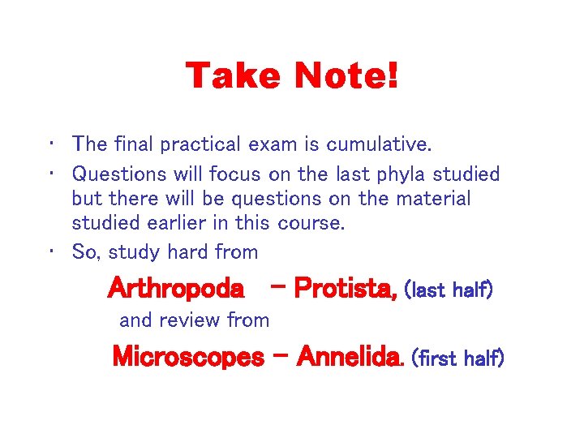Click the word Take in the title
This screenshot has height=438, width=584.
(232, 77)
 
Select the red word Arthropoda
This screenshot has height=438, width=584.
(175, 288)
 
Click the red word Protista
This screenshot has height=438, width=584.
(345, 288)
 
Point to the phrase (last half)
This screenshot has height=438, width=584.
(448, 290)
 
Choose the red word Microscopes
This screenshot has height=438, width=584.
(188, 356)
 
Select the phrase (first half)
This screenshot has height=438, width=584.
(458, 357)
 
